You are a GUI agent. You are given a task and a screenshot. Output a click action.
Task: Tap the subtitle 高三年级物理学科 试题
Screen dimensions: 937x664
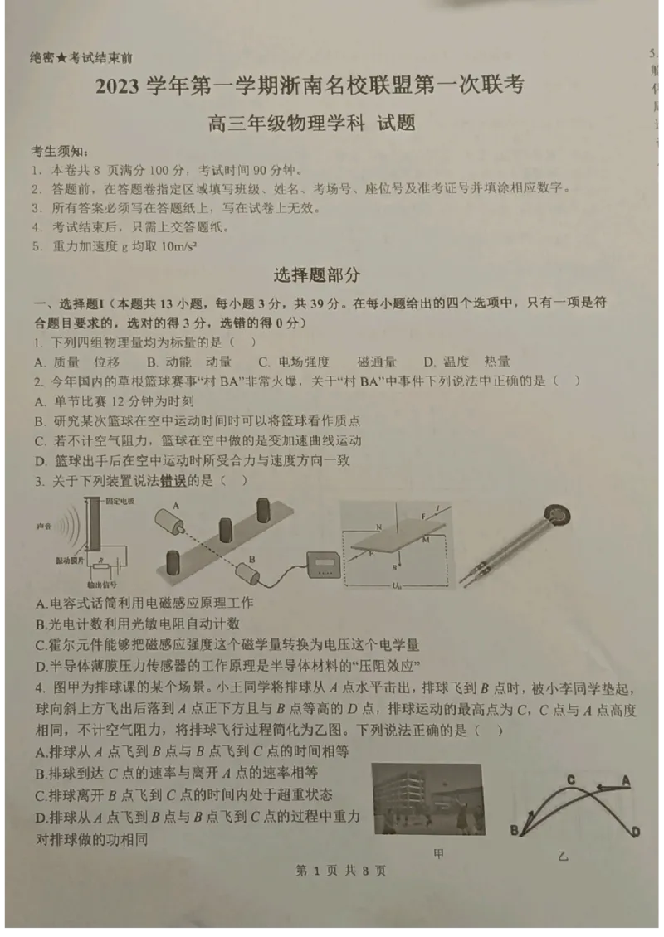pyautogui.click(x=311, y=124)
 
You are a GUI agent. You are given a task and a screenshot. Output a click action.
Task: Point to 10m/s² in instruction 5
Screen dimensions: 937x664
pyautogui.click(x=178, y=246)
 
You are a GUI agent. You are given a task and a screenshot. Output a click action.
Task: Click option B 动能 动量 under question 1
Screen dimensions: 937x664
pyautogui.click(x=189, y=362)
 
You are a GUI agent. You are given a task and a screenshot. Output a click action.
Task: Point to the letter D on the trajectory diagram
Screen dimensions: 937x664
pyautogui.click(x=636, y=831)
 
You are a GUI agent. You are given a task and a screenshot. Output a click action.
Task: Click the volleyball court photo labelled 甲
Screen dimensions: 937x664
pyautogui.click(x=427, y=799)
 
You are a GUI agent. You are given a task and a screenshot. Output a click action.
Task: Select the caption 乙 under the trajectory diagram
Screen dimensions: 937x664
pyautogui.click(x=564, y=855)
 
